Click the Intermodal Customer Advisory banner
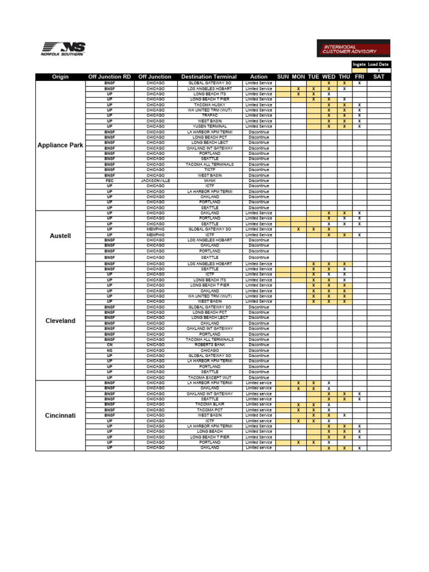[x=354, y=47]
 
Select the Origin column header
[x=61, y=77]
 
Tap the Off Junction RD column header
[x=109, y=77]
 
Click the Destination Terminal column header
[x=209, y=77]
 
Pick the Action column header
[x=259, y=77]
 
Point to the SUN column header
[x=283, y=77]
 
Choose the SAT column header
[x=379, y=77]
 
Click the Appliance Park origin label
[x=60, y=145]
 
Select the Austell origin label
[x=60, y=236]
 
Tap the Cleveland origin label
[x=60, y=321]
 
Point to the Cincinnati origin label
[x=60, y=416]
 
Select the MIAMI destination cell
[x=209, y=181]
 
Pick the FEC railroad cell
[x=109, y=181]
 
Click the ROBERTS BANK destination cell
[x=209, y=345]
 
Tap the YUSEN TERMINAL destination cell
[x=209, y=126]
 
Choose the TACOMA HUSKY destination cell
[x=209, y=104]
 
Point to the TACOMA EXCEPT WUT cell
[x=209, y=378]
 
